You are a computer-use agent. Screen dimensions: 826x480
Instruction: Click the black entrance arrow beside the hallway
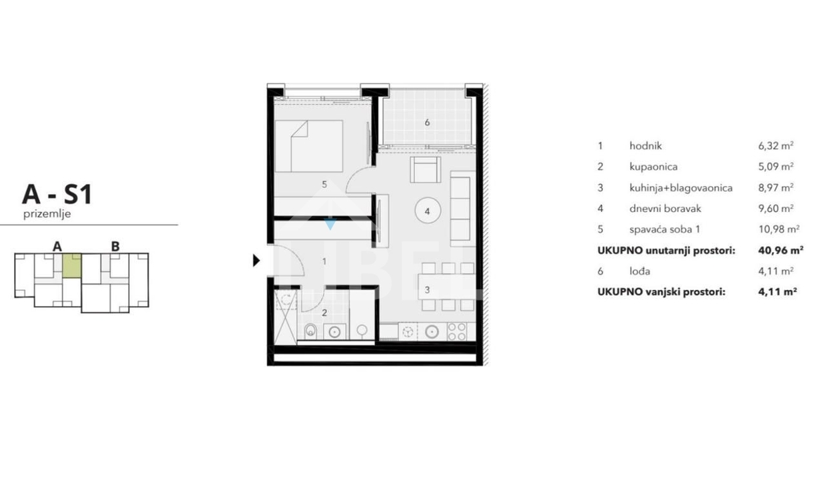(256, 261)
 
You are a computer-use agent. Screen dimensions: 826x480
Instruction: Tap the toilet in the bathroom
(311, 331)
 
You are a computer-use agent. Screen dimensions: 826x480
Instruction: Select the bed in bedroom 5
(309, 146)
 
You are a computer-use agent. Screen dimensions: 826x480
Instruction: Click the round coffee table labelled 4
(428, 211)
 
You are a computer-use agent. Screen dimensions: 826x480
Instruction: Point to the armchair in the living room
(426, 169)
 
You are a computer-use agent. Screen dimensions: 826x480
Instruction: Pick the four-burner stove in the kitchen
(457, 331)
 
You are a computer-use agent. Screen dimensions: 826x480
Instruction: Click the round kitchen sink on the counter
(431, 332)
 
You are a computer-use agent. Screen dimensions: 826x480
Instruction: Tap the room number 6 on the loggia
(427, 123)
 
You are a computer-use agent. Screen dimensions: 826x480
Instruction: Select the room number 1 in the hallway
(324, 261)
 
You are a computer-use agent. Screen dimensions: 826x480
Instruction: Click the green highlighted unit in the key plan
(72, 265)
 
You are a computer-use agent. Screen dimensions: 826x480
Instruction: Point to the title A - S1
(57, 195)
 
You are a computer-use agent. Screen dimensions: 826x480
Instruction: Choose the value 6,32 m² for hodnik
(776, 146)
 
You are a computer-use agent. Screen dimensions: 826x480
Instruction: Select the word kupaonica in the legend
(653, 167)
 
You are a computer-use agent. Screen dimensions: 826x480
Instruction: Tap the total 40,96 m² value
(781, 251)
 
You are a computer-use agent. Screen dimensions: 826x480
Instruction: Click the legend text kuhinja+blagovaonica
(681, 188)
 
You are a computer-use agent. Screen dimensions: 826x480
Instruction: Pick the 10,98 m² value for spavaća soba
(779, 229)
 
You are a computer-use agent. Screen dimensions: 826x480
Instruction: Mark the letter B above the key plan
(115, 246)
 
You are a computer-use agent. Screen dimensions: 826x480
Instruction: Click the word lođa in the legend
(639, 271)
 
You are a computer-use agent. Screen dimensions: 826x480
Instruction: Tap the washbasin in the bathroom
(334, 332)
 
